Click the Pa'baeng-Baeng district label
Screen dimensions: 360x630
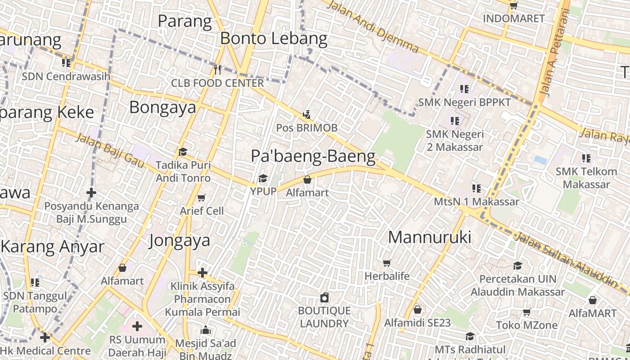(x=313, y=156)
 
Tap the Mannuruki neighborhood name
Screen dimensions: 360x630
(x=429, y=237)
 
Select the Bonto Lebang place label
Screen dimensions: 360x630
(x=274, y=39)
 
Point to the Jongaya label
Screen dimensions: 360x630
(x=180, y=240)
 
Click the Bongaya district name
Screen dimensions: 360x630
(x=163, y=107)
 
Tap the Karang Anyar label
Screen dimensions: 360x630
(x=53, y=247)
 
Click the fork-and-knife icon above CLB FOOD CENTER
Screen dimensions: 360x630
(x=217, y=69)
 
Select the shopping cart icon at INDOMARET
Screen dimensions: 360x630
(x=513, y=5)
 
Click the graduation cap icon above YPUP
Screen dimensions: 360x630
(x=263, y=179)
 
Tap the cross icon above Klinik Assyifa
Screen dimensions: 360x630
(x=202, y=272)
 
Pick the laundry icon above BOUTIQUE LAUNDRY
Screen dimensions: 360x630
(x=324, y=297)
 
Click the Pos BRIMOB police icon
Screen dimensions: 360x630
(x=307, y=114)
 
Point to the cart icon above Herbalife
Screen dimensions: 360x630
(x=387, y=263)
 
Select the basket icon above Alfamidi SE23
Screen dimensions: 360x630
(x=418, y=310)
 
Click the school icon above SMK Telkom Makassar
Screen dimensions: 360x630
(x=586, y=158)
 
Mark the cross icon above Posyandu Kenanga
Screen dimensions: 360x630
(x=91, y=193)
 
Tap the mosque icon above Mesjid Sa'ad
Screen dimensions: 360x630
(x=206, y=330)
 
